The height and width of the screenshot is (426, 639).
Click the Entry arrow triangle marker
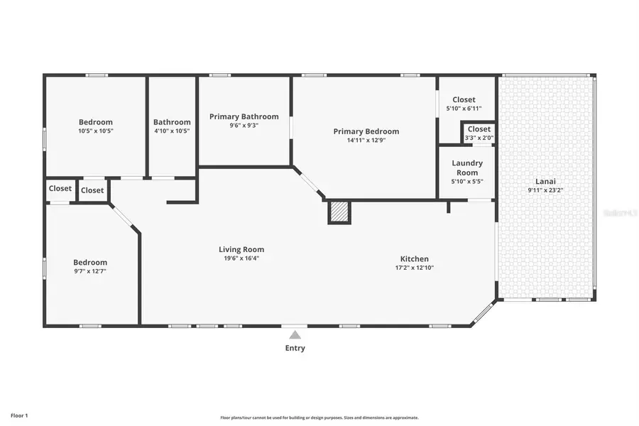click(x=295, y=334)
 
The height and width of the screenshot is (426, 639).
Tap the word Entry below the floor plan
click(x=295, y=348)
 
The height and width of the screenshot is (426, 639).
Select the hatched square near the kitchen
click(x=339, y=212)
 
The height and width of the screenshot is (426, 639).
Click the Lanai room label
click(x=545, y=180)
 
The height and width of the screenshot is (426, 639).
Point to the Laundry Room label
click(x=467, y=168)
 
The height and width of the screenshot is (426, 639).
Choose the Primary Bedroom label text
click(x=366, y=131)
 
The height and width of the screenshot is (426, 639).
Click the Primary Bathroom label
click(x=244, y=116)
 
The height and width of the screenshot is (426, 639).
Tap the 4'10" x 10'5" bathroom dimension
click(x=172, y=131)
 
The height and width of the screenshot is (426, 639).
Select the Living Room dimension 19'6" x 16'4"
click(x=241, y=258)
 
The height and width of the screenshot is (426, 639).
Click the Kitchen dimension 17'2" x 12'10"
click(x=414, y=268)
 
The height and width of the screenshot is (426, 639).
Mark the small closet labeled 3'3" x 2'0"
click(x=479, y=138)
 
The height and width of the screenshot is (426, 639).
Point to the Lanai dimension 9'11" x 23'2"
click(x=545, y=190)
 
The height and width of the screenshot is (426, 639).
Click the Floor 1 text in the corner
click(x=19, y=415)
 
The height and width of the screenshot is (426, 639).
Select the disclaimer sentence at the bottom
click(x=319, y=417)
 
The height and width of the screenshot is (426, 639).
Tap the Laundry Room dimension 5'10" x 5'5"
click(x=467, y=181)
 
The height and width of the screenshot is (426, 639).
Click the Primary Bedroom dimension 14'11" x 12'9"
click(x=366, y=140)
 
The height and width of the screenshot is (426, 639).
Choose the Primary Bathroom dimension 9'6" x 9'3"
click(x=244, y=125)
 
